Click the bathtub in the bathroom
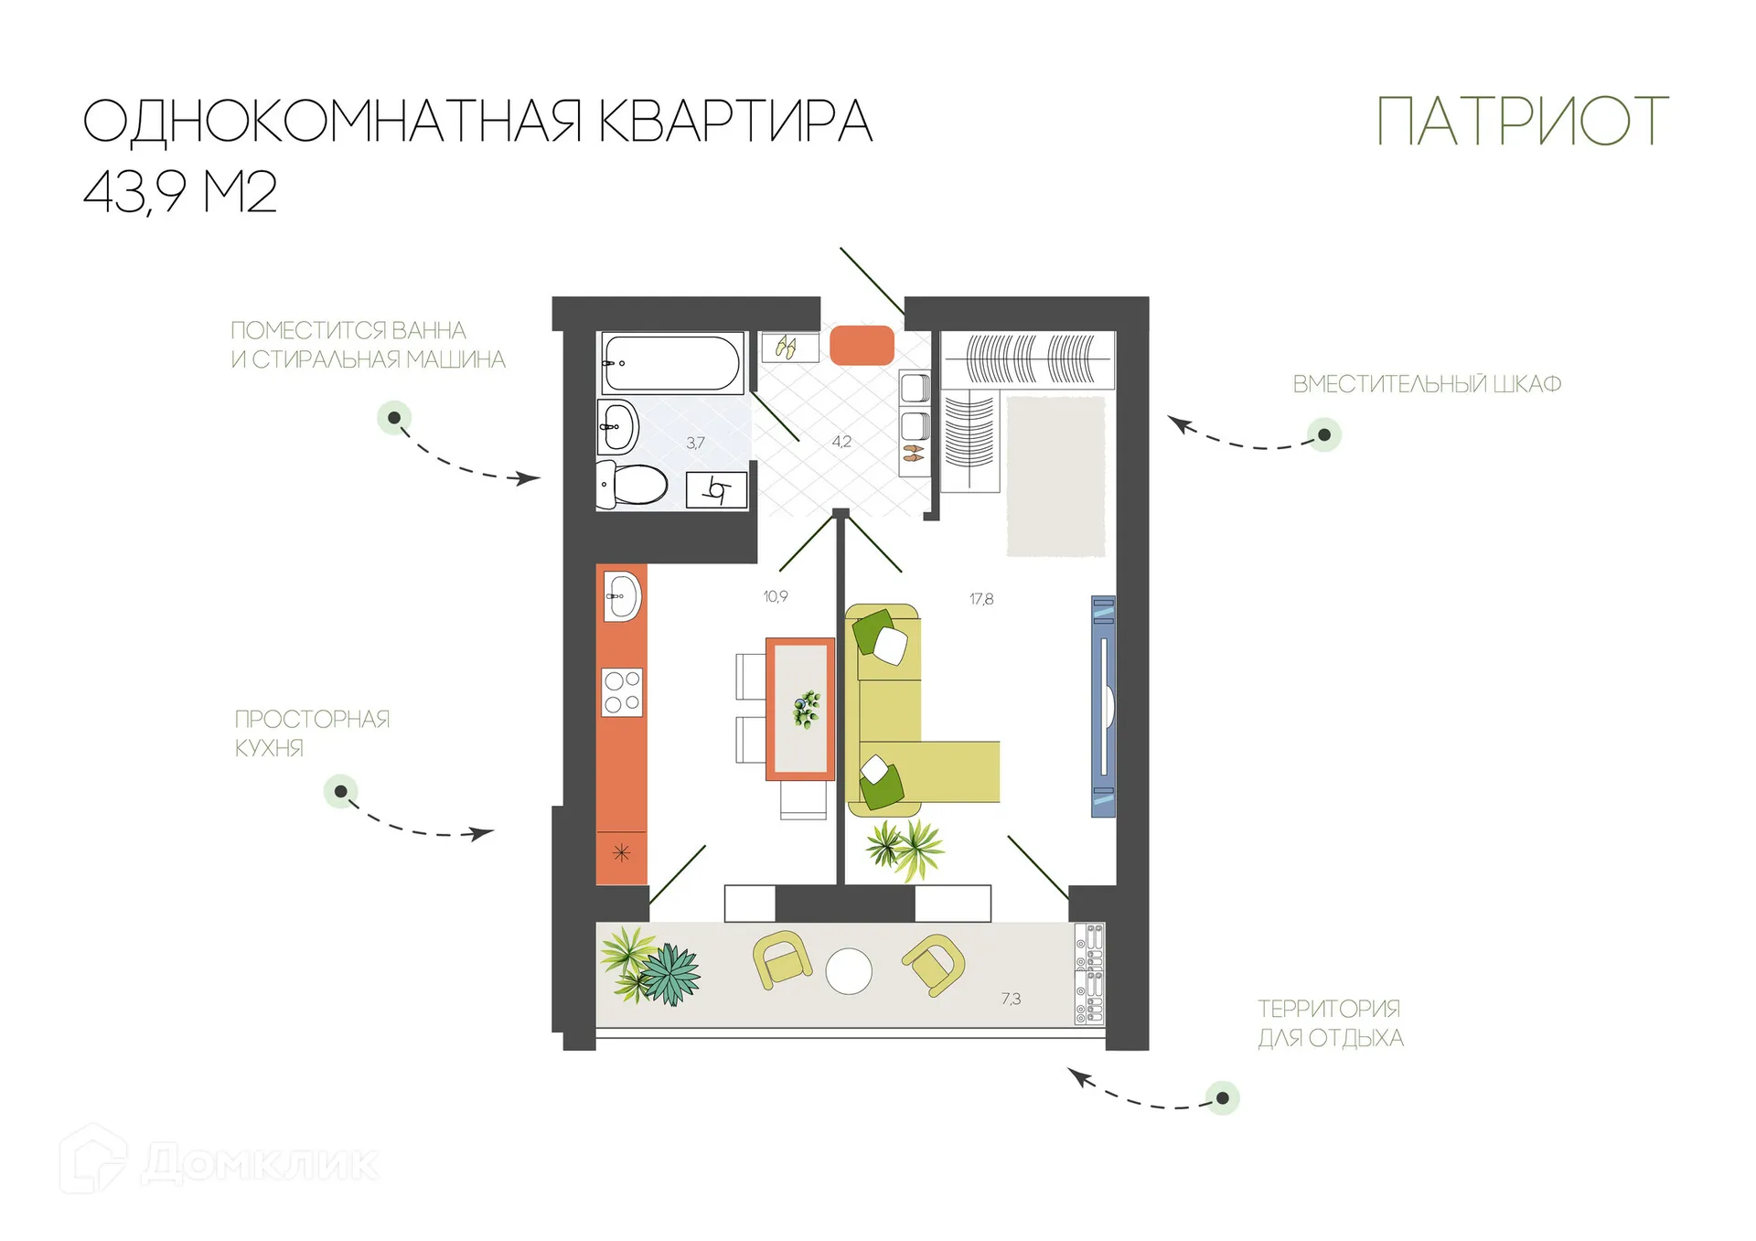[670, 363]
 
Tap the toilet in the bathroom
[633, 484]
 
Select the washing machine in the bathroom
[717, 490]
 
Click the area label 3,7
[696, 443]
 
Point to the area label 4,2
[841, 442]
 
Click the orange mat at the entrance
[862, 346]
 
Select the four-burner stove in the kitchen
[622, 692]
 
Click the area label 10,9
[776, 596]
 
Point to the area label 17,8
[981, 599]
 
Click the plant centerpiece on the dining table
[806, 710]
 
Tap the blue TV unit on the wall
[1104, 706]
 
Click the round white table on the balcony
[849, 971]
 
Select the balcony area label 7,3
[1011, 999]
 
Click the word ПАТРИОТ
[1522, 123]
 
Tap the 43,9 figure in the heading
[135, 192]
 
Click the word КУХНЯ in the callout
[269, 748]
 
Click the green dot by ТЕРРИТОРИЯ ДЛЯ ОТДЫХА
[1222, 1097]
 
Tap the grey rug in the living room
[1056, 476]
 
